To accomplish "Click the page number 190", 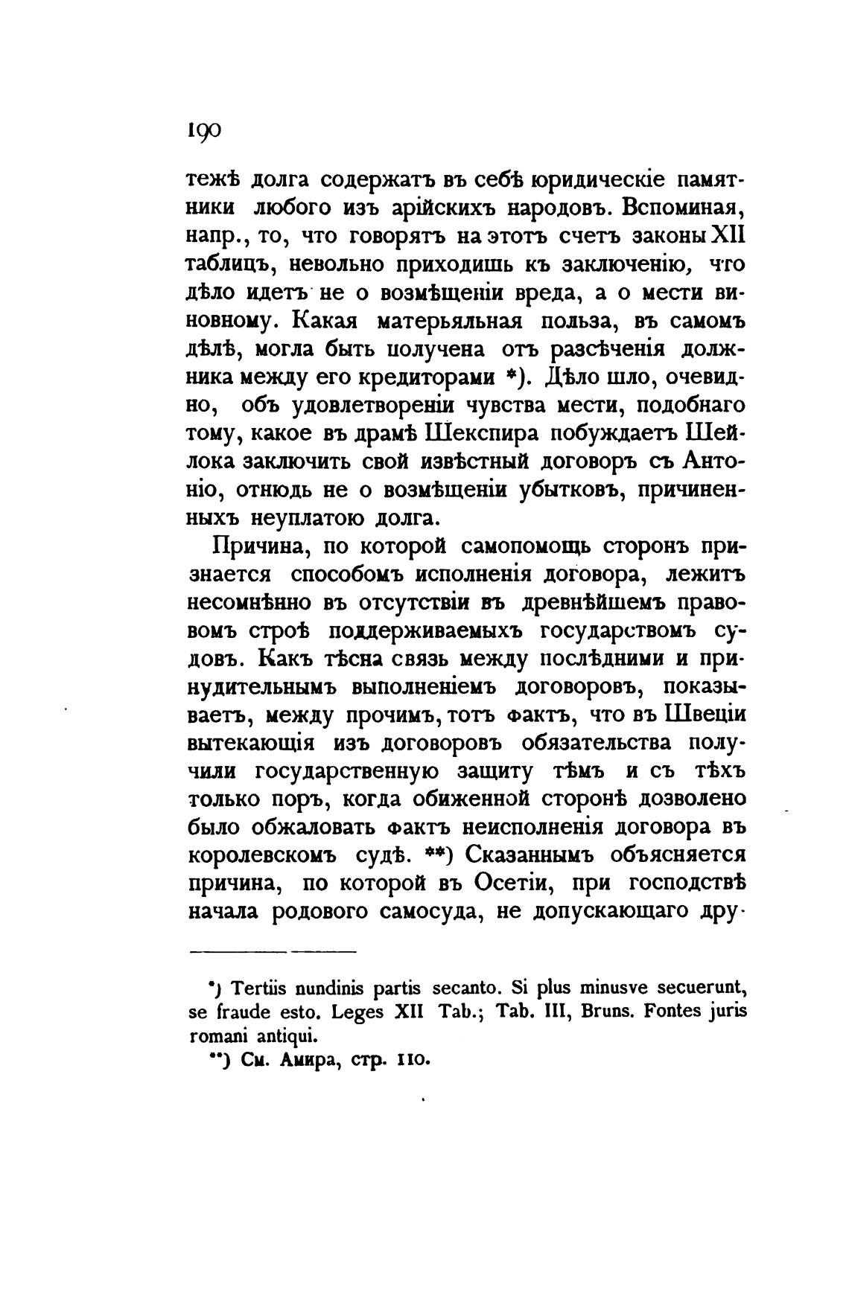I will point(203,130).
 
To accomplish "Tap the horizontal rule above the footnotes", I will point(274,951).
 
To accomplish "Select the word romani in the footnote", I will point(216,1036).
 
